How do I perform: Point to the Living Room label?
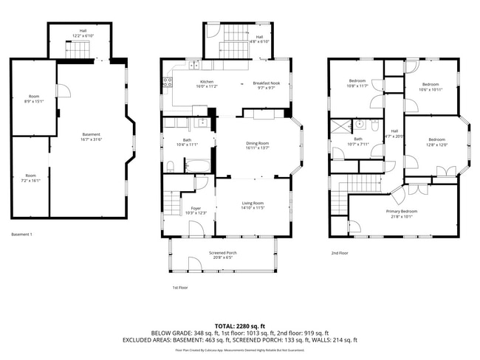coord(253,205)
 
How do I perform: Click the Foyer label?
coord(196,210)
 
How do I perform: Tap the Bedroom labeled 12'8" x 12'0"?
coord(437,142)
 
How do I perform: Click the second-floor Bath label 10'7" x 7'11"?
coord(357,141)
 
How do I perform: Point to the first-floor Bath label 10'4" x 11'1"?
coord(188,142)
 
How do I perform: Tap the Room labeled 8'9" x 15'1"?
coord(34,99)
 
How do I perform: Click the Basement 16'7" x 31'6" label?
coord(91,136)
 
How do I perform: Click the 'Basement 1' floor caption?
coord(22,235)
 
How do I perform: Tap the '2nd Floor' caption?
coord(340,253)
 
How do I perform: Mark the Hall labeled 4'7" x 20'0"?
coord(394,134)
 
